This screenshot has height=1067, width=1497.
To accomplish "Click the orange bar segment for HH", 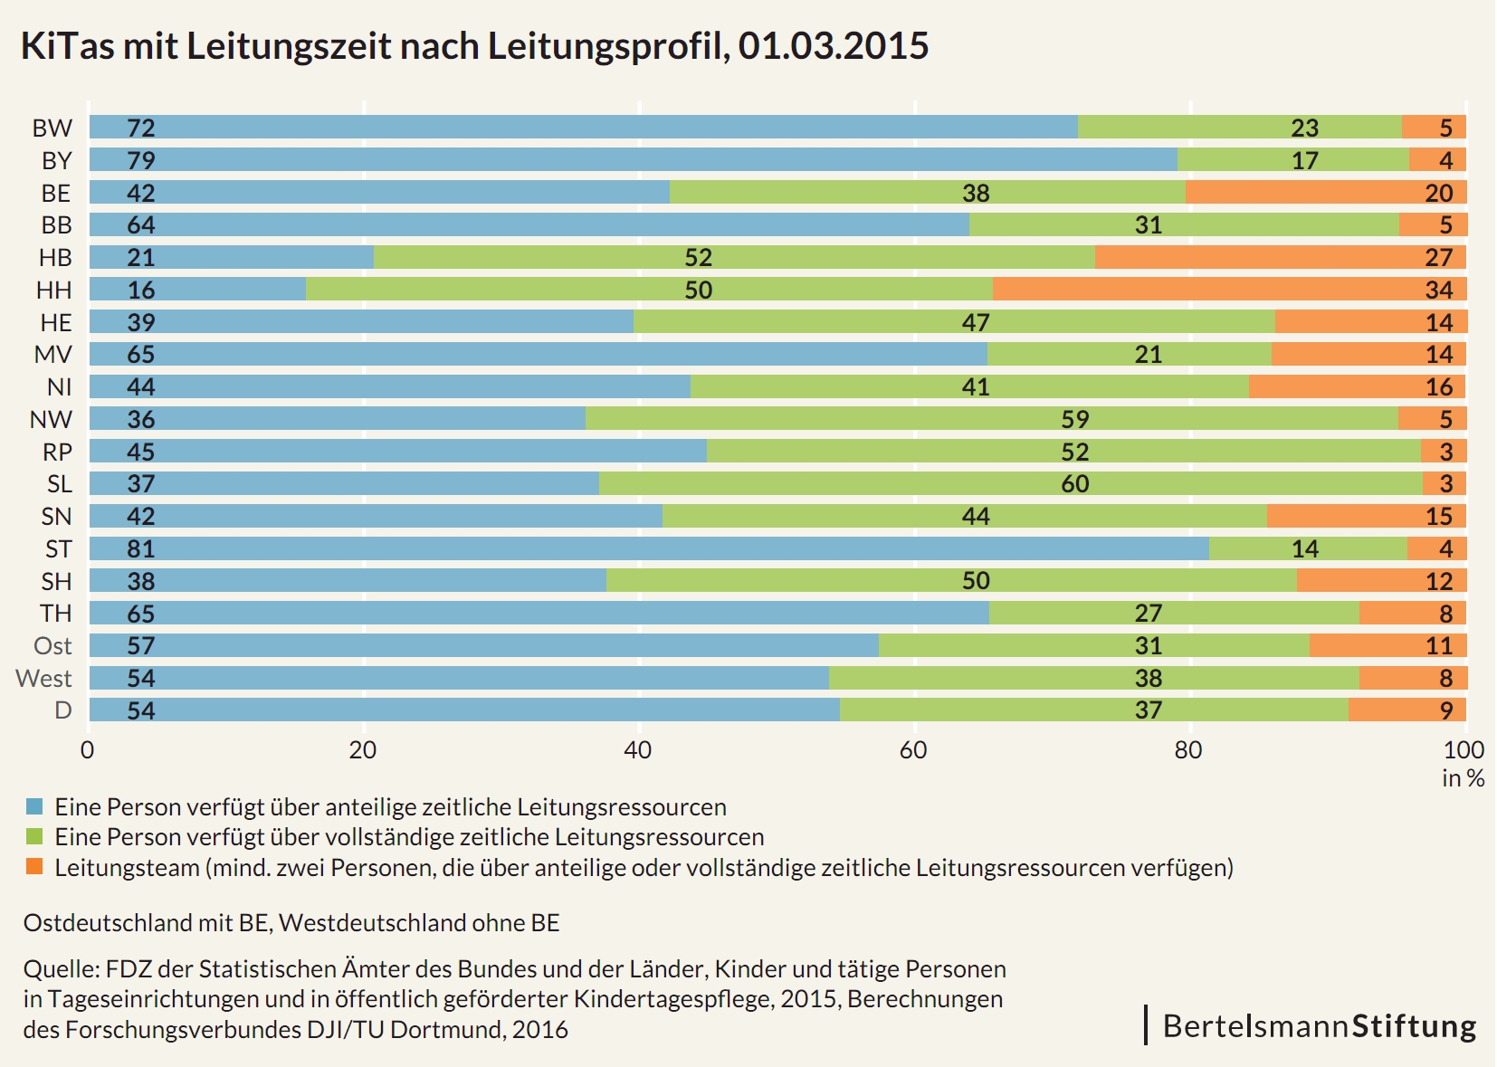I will point(1229,290).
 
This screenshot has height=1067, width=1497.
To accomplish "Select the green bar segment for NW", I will point(991,419).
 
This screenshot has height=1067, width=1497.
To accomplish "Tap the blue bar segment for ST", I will point(649,548).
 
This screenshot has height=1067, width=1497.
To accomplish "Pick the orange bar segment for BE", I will point(1325,193).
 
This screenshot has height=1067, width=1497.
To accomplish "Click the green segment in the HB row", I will point(734,258).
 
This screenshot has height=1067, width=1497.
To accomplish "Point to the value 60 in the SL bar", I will point(1074,484).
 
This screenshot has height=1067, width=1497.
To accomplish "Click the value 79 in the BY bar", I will point(141,160).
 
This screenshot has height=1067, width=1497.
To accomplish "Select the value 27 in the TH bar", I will point(1148,614).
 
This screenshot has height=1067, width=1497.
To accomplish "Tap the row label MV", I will point(52,355).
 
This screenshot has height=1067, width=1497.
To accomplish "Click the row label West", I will point(43,678).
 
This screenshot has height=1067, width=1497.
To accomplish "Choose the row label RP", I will point(57,452).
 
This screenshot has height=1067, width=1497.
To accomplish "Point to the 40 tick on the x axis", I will point(638,750).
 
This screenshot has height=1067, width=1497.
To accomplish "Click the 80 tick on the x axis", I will point(1188,750).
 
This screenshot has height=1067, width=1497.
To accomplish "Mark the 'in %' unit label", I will point(1463,778).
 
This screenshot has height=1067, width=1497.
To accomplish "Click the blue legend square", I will point(34,806).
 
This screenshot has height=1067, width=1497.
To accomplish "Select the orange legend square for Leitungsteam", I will point(34,867).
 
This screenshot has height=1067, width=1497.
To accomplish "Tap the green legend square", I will point(34,836).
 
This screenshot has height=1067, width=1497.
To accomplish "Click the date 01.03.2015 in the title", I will point(833,46).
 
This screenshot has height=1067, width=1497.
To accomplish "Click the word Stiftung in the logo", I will point(1414,1026).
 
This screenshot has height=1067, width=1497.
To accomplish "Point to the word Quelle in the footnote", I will point(60,969).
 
